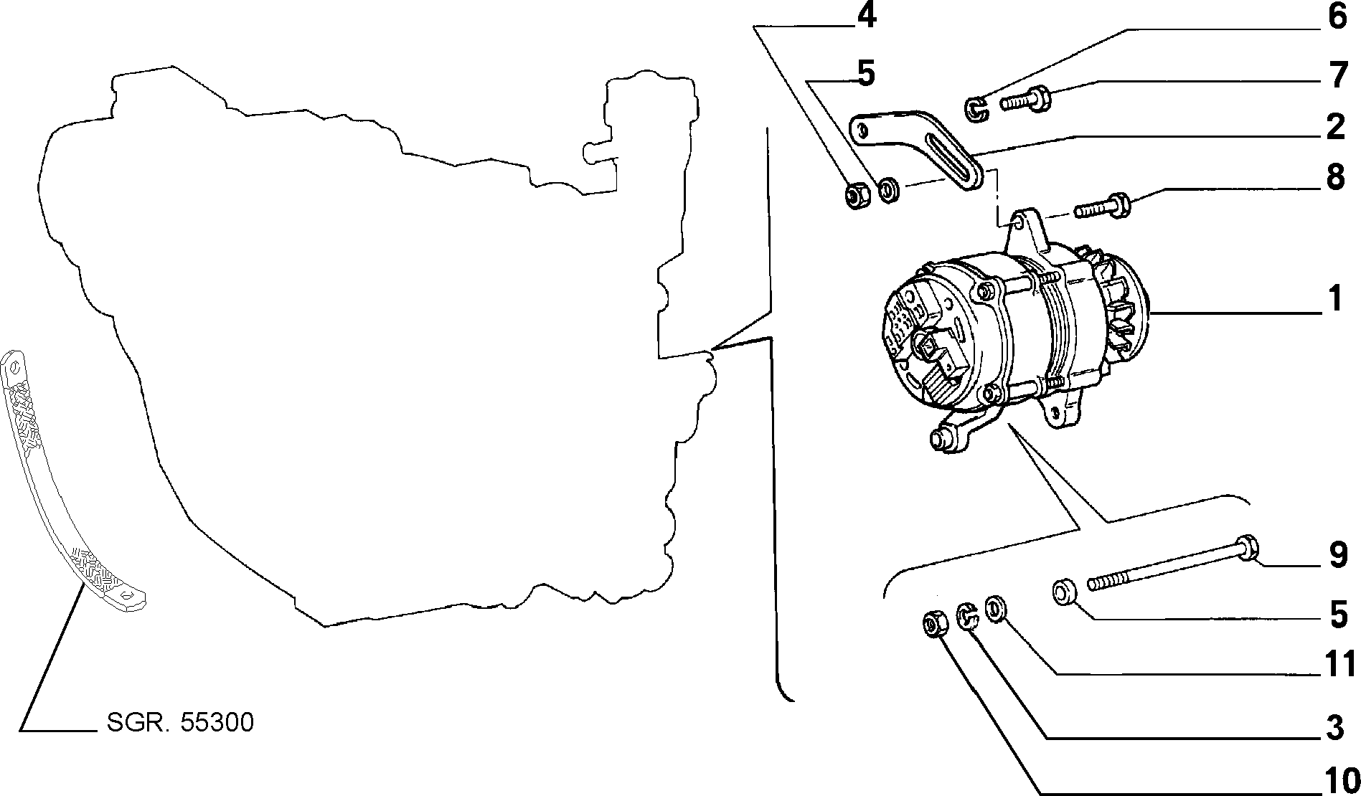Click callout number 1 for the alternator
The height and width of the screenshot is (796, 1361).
tap(1334, 299)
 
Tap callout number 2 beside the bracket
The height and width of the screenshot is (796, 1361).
tap(1334, 127)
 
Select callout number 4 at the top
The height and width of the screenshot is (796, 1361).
tap(867, 16)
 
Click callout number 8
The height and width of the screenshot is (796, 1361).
tap(1335, 177)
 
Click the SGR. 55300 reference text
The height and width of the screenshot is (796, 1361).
tap(180, 723)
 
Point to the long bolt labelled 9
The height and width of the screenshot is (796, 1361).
tap(1172, 569)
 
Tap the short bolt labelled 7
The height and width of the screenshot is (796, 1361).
tap(1025, 100)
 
